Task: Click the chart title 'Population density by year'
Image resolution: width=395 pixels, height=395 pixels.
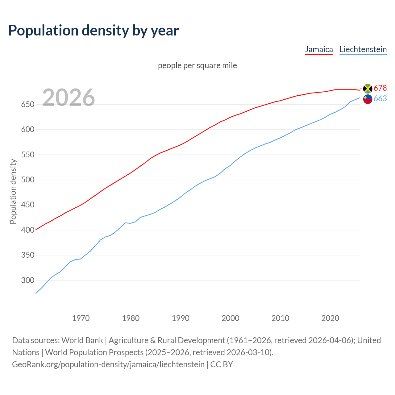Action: [x=94, y=31]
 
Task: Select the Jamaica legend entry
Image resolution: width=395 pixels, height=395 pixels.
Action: [x=319, y=49]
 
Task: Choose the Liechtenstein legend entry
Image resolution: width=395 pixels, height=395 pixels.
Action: [x=363, y=49]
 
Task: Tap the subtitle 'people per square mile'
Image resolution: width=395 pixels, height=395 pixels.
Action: [x=197, y=65]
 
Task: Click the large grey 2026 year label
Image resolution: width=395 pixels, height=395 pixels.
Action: [x=69, y=98]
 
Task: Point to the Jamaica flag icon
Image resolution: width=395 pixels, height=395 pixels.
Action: [x=368, y=89]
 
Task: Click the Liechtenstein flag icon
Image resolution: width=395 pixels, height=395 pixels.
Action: [x=368, y=99]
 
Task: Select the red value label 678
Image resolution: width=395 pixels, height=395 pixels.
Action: [x=380, y=88]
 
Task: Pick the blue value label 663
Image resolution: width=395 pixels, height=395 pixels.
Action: [x=380, y=99]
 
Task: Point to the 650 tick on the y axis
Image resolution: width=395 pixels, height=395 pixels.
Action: [x=27, y=105]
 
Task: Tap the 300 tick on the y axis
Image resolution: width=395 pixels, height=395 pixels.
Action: [x=27, y=281]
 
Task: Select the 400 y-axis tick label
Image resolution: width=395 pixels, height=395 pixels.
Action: [x=27, y=230]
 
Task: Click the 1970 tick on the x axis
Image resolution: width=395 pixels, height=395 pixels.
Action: [x=81, y=318]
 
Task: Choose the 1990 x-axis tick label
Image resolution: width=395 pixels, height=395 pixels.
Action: [x=181, y=318]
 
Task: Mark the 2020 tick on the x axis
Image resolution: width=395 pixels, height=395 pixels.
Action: [x=330, y=318]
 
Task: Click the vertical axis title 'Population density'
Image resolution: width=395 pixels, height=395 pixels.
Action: [x=13, y=191]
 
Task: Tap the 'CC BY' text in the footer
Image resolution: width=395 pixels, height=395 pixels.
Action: [x=221, y=364]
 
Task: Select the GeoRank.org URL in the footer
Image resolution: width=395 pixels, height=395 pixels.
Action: [x=108, y=364]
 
